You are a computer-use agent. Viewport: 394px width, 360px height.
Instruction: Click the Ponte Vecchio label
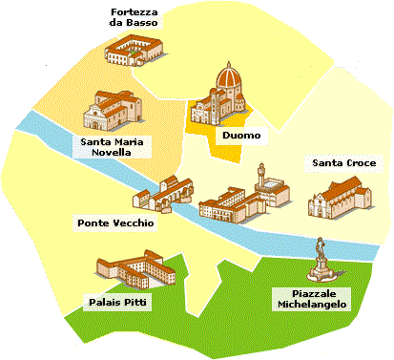tap(114, 222)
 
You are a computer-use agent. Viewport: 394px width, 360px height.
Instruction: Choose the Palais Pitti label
tap(124, 301)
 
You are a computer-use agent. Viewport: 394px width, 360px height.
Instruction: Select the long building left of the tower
tap(223, 201)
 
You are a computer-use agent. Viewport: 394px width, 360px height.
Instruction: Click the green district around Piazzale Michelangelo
tap(238, 306)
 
